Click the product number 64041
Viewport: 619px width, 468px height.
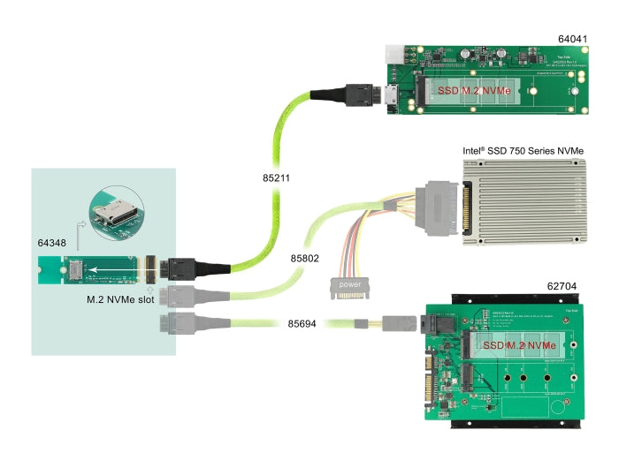tap(576, 39)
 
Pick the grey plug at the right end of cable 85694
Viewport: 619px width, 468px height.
tap(398, 325)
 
